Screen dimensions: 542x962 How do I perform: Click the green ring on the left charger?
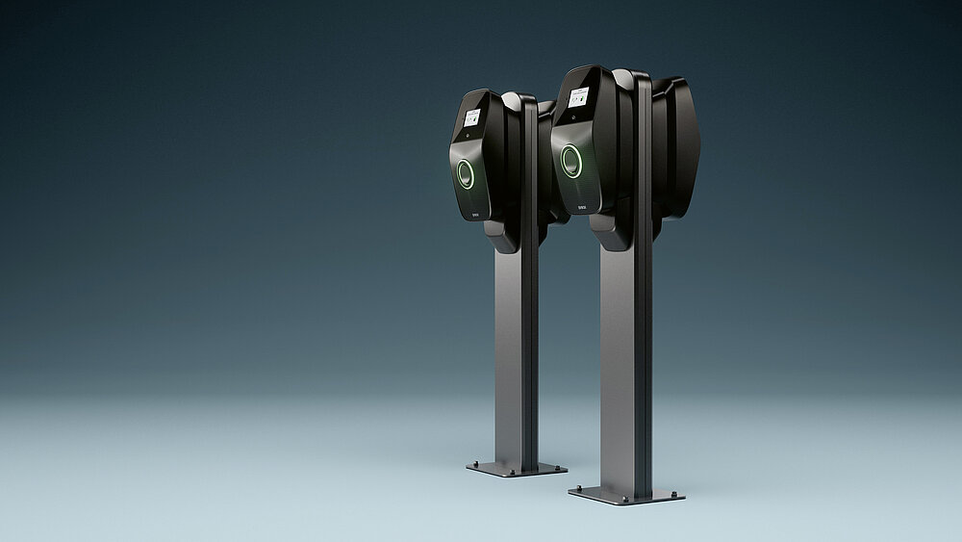pos(466,174)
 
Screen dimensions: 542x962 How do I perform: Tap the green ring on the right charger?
pos(571,161)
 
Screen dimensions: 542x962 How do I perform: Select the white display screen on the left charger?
pos(472,117)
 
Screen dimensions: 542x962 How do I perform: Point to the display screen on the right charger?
pos(579,96)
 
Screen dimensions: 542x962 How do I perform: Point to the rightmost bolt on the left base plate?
pos(559,466)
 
